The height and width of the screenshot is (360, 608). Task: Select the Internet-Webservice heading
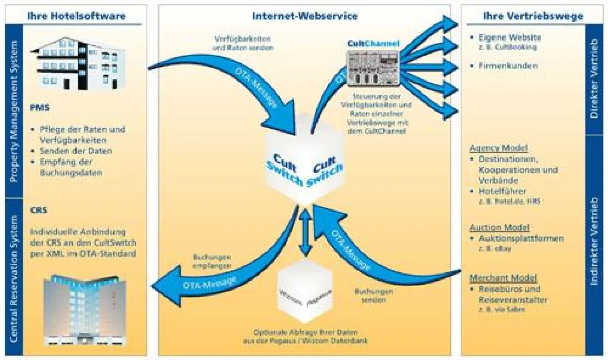click(x=305, y=16)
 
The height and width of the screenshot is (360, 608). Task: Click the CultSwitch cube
click(x=304, y=162)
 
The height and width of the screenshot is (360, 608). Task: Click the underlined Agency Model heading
click(x=499, y=148)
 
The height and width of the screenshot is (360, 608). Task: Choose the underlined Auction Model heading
click(x=499, y=227)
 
